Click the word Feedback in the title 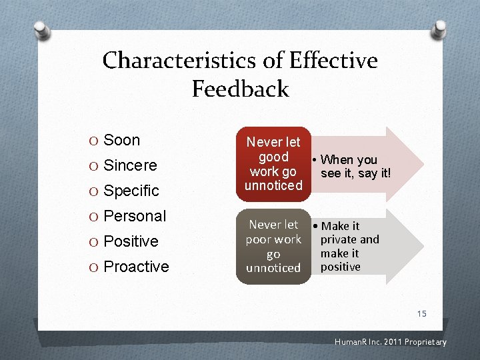coord(240,89)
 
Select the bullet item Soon coord(122,140)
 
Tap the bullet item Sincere coord(130,165)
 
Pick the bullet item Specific coord(131,191)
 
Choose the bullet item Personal coord(135,216)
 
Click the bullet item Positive coord(131,241)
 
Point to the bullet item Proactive coord(136,267)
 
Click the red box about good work coord(273,163)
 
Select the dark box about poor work coord(273,246)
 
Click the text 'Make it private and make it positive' coord(349,246)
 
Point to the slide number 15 coord(421,313)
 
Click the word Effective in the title coord(333,61)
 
